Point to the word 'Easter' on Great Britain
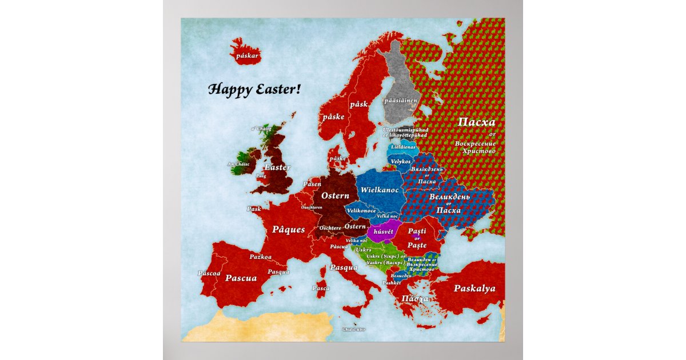pos(277,167)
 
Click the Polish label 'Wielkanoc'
pos(380,189)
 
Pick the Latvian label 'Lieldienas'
pos(404,147)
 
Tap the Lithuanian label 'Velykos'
pos(401,162)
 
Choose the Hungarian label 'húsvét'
pos(385,232)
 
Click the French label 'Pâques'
pos(288,229)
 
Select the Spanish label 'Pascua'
pos(241,278)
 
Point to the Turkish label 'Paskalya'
pos(474,288)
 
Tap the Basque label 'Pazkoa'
pos(261,258)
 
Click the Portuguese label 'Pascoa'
pos(209,273)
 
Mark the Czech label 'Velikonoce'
pos(361,210)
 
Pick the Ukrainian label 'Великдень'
pos(449,197)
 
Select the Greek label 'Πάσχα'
pos(415,299)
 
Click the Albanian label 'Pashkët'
pos(392,283)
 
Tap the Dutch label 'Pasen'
pos(312,184)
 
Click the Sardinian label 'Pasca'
pos(321,288)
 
